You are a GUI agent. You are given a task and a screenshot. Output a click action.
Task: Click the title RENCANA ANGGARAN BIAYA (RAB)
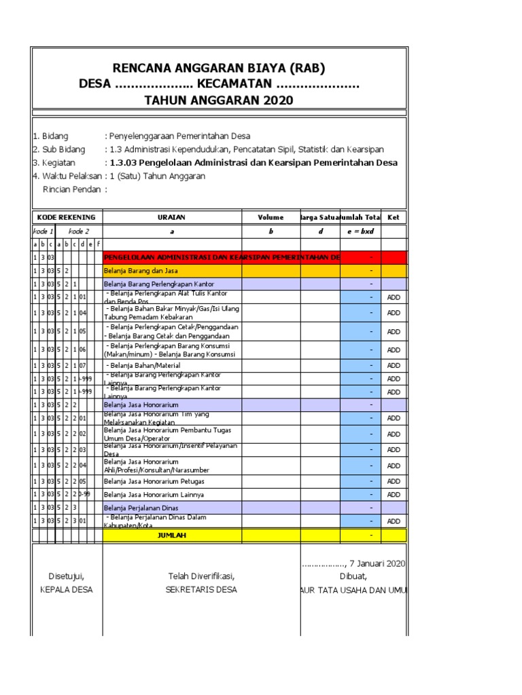tap(219, 68)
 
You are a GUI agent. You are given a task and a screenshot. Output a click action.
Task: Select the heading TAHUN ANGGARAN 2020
tap(219, 100)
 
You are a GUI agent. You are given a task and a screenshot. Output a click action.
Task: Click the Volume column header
tap(271, 217)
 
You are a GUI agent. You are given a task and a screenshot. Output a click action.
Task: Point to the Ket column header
tap(394, 217)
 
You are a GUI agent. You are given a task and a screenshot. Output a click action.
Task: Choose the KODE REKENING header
tap(67, 217)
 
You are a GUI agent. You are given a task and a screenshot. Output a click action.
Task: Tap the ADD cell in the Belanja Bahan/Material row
tap(394, 366)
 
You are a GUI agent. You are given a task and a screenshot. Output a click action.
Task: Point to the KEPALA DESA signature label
tap(66, 590)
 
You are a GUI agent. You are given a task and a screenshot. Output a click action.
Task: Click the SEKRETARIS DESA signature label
tap(201, 590)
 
